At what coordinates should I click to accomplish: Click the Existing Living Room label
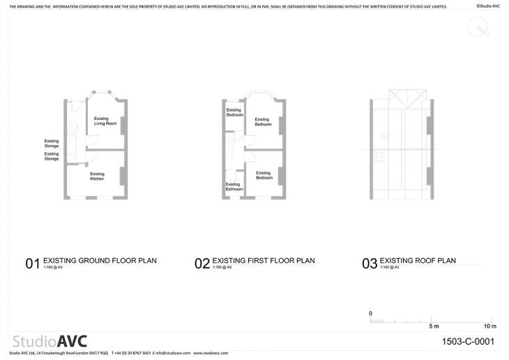pos(105,121)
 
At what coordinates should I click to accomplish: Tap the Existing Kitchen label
pos(97,177)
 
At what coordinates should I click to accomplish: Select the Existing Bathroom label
pos(234,186)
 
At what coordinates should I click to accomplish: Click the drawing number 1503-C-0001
pos(468,342)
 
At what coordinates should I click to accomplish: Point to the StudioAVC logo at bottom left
pos(50,341)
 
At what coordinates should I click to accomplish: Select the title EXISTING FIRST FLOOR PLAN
pos(263,261)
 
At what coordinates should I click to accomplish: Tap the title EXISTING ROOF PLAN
pos(418,261)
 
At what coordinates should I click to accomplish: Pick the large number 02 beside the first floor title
pos(202,264)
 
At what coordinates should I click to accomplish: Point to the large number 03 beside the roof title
pos(370,264)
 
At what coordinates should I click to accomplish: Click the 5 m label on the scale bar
pos(433,327)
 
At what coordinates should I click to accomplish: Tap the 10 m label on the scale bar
pos(490,327)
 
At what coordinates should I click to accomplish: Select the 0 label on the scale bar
pos(371,313)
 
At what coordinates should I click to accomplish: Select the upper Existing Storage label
pos(52,143)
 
